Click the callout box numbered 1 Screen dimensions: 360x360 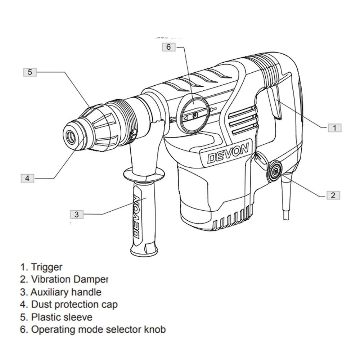(334, 127)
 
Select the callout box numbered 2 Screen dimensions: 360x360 (333, 195)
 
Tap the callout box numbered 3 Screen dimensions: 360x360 (76, 214)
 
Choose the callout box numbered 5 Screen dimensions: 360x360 (30, 72)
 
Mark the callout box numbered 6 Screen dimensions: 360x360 (169, 47)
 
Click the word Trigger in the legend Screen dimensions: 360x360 (47, 267)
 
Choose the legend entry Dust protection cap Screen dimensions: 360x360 (74, 305)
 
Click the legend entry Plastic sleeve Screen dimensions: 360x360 (62, 317)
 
